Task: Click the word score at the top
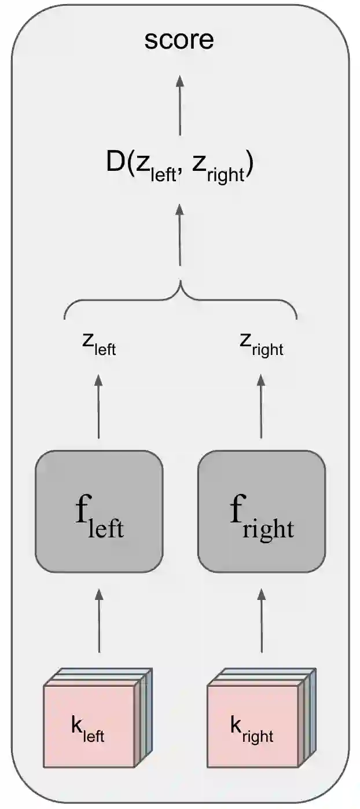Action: (x=179, y=40)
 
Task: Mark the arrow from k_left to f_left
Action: (x=99, y=621)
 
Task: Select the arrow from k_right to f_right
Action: (x=262, y=621)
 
